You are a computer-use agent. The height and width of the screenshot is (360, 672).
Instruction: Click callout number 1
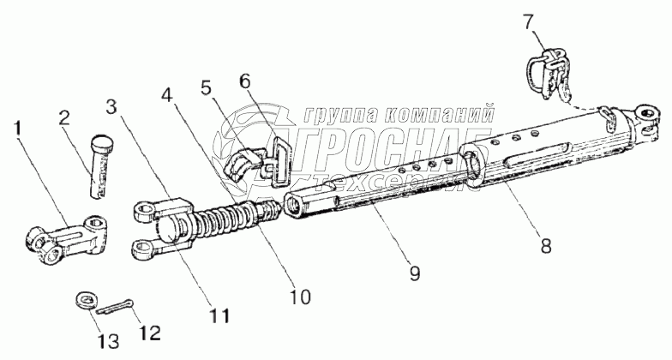tap(18, 131)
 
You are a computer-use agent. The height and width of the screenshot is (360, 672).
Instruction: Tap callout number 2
tap(64, 118)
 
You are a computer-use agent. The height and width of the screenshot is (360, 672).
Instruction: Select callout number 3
tap(111, 107)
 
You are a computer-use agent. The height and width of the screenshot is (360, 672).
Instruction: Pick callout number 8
tap(546, 245)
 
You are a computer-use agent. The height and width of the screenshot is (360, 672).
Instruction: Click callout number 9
tap(415, 274)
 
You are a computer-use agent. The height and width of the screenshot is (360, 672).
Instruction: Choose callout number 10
tap(301, 297)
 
